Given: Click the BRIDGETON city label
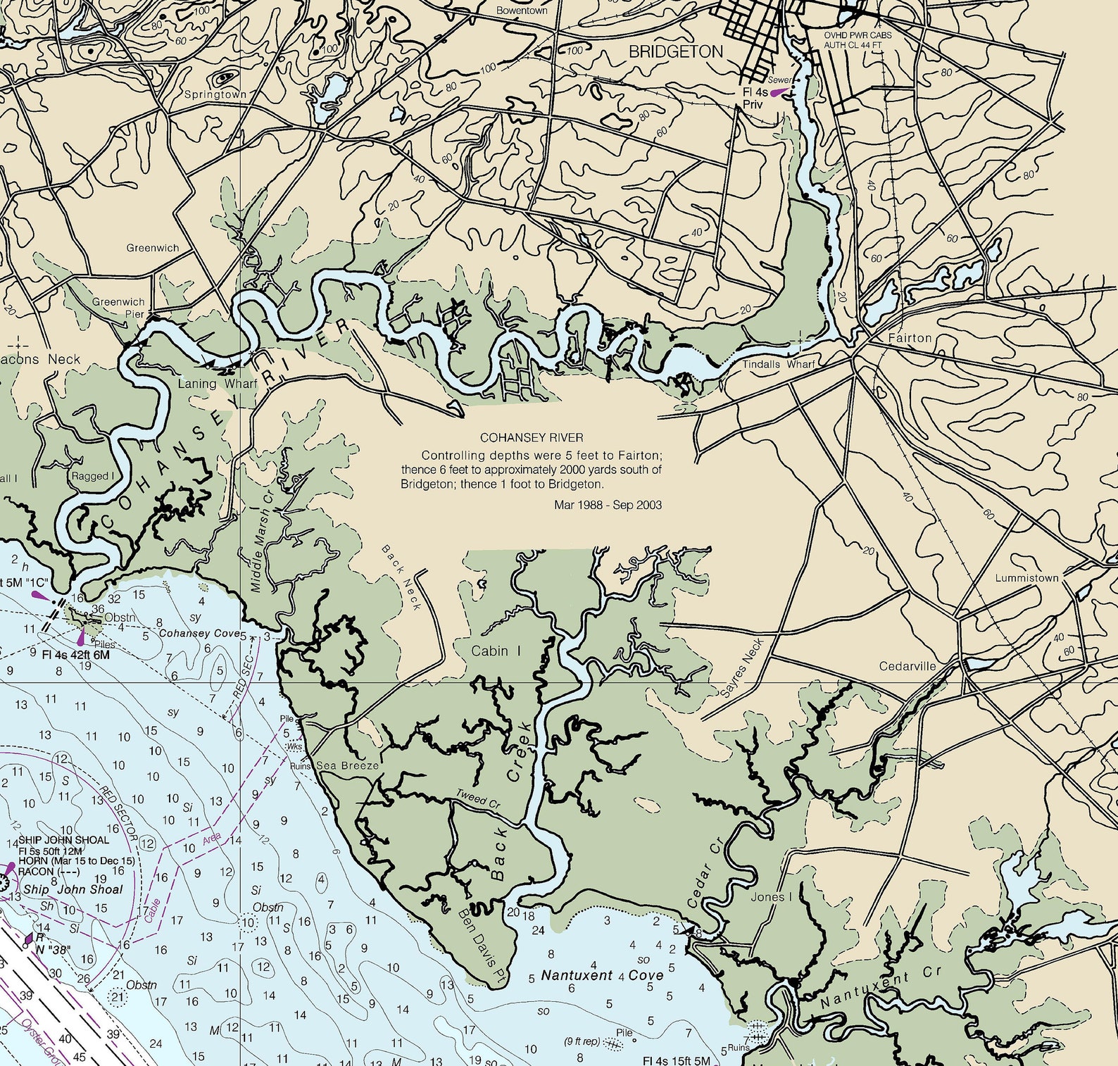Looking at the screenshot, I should pos(675,51).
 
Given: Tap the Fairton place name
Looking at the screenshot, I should pos(910,338).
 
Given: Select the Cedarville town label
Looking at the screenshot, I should pos(907,666).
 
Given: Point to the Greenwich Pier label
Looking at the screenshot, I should pos(118,308).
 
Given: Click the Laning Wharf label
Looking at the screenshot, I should pos(218,384).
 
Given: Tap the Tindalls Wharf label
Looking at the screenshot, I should pos(778,364).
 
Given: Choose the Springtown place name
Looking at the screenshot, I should pos(215,94).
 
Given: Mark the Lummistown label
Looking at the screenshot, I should pos(1026,578).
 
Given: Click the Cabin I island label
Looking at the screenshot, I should pos(496,651).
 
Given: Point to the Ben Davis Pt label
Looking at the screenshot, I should pos(482,937).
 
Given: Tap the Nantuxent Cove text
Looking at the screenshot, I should pos(602,975).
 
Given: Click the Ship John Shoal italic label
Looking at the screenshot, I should pos(73,889).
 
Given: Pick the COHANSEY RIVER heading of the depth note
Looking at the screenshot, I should pos(532,438).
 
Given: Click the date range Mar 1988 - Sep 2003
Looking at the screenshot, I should pos(608,505).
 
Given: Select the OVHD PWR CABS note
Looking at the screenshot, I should pos(858,35).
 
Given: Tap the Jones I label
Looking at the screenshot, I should pos(771,897).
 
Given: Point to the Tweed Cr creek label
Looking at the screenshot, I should pos(477,799).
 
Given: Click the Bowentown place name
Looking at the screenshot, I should pos(522,11).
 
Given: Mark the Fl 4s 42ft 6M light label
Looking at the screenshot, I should pos(75,655).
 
